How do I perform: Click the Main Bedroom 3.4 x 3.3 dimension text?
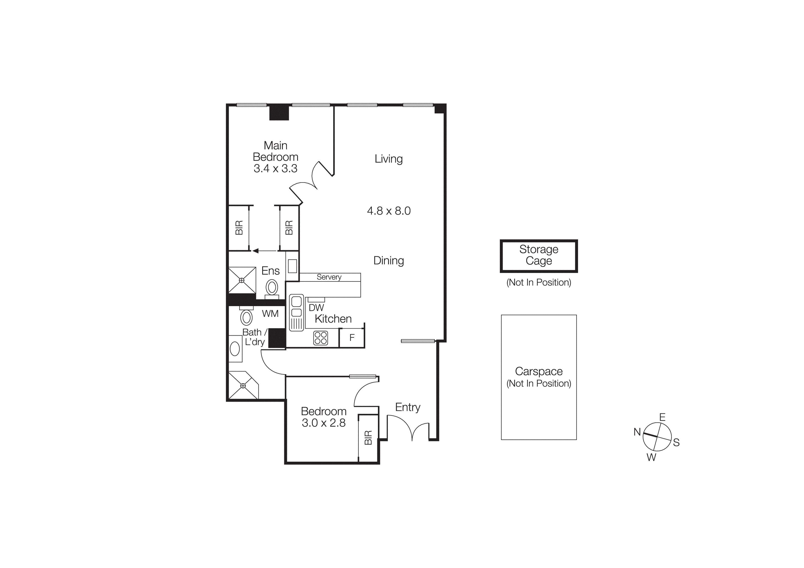pos(275,169)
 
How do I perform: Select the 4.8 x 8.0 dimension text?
pos(389,211)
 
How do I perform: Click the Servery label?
pos(329,277)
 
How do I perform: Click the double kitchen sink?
pos(296,312)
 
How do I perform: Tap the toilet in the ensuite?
pos(272,288)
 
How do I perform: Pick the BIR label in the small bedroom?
pos(368,437)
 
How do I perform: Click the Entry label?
pos(407,407)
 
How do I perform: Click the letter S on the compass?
pos(676,442)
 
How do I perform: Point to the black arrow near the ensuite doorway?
pos(256,251)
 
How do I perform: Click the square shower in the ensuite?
pos(242,280)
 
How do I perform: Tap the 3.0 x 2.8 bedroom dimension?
pos(324,423)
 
